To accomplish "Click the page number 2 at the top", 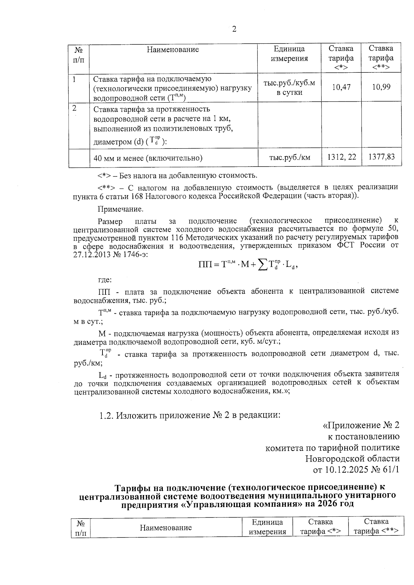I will click(234, 30).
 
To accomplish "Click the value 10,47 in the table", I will click(341, 87).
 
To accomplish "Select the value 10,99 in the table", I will click(381, 87).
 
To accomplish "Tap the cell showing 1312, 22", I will click(341, 158).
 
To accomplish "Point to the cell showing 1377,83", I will click(381, 158).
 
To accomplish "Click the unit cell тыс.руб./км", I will click(289, 158).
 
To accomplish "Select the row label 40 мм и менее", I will click(148, 158).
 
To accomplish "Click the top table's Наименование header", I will click(173, 50).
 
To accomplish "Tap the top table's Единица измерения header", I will click(289, 54).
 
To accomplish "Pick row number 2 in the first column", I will click(75, 108).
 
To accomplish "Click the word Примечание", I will click(120, 209).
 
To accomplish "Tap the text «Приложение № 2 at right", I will click(361, 425).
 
